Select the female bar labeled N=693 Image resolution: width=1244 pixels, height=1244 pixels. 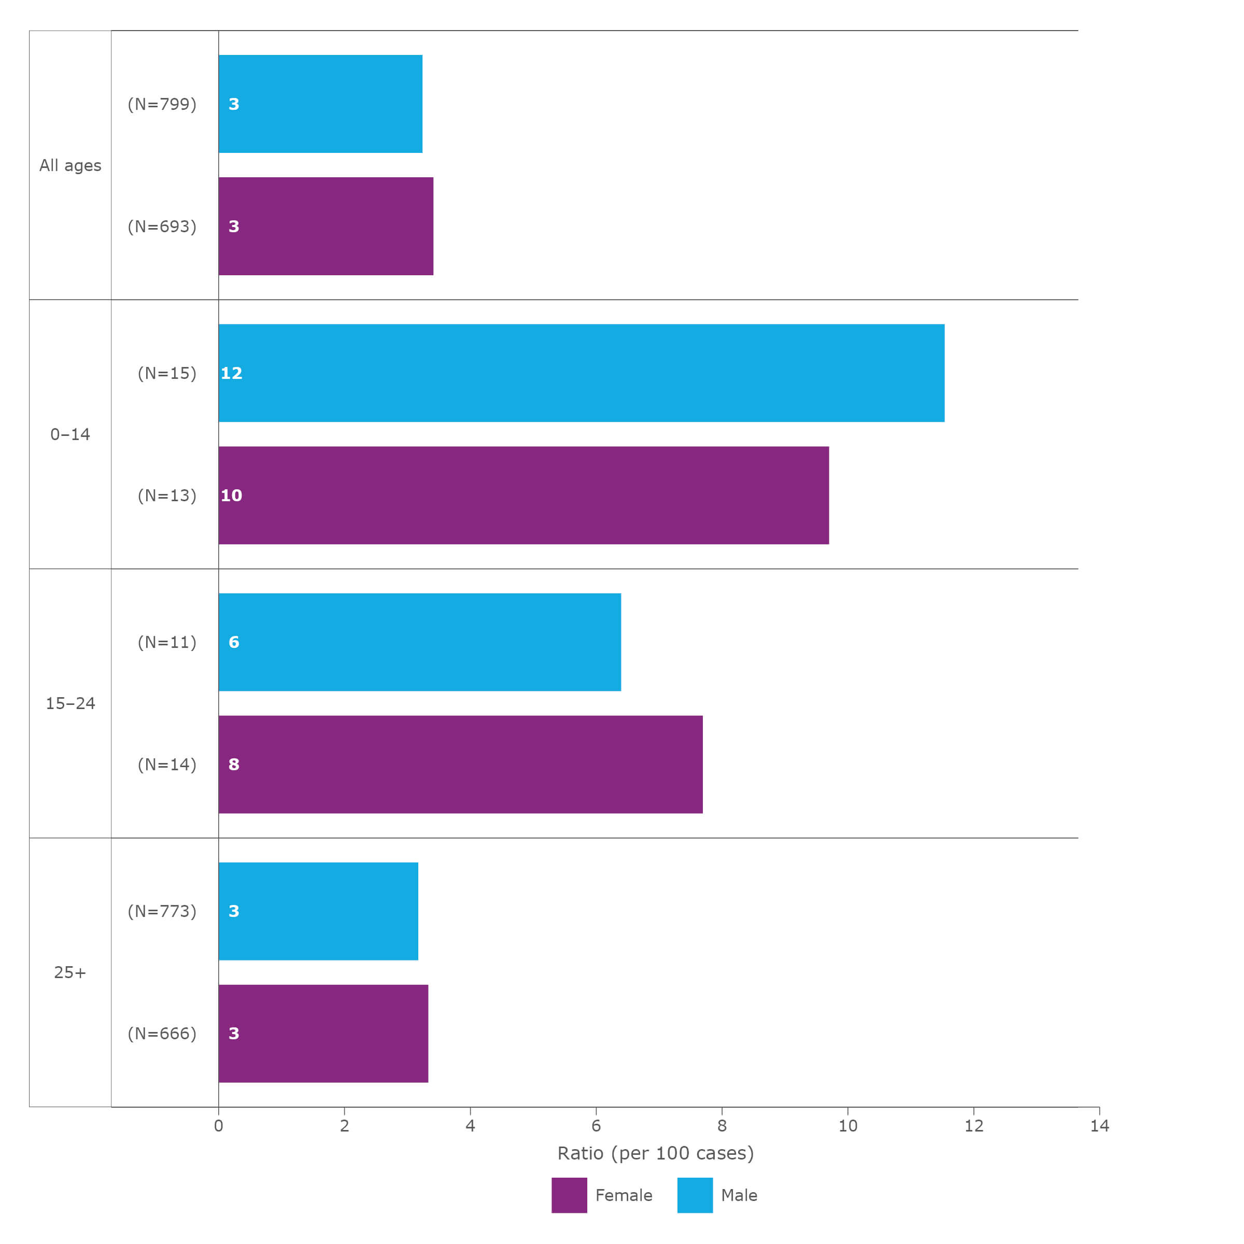(x=326, y=226)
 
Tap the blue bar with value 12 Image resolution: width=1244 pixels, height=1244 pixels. (x=582, y=373)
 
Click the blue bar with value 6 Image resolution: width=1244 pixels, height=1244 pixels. (x=420, y=642)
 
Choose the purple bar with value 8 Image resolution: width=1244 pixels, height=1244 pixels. (x=460, y=765)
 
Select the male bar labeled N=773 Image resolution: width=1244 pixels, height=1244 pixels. (x=318, y=911)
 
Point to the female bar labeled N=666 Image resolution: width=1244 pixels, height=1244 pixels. (x=323, y=1034)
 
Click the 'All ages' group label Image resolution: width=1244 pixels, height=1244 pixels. (x=70, y=165)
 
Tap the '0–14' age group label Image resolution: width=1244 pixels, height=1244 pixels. (x=70, y=435)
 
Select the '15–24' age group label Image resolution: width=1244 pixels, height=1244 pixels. (x=70, y=704)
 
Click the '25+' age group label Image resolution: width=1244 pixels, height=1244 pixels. (x=70, y=973)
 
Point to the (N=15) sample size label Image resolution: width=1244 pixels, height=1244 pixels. (x=167, y=373)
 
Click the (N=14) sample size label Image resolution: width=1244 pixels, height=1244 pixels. (x=167, y=765)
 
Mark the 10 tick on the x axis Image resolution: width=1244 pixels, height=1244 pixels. (x=848, y=1126)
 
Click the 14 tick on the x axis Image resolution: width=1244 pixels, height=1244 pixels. (x=1100, y=1126)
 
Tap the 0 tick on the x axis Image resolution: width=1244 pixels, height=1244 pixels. (x=218, y=1126)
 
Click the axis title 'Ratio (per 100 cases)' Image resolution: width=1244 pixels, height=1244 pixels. (x=656, y=1153)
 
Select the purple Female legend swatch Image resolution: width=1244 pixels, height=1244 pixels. (x=569, y=1196)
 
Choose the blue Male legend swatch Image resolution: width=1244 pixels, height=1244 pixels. (x=695, y=1196)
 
